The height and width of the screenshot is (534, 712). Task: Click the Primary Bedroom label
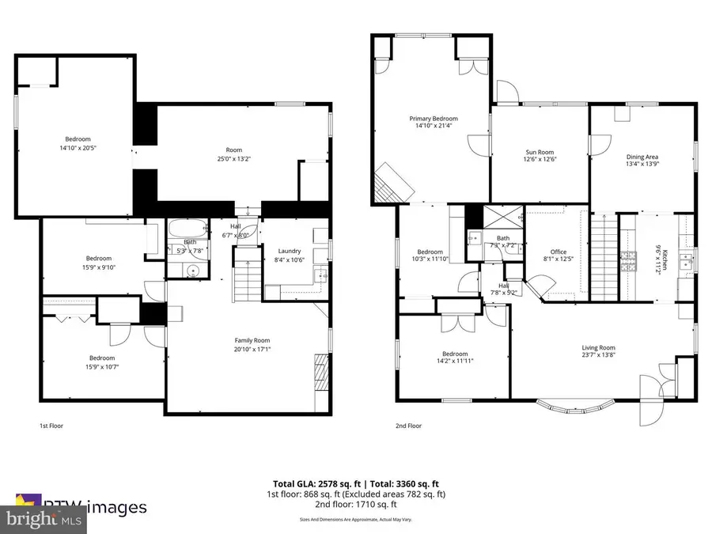tap(433, 119)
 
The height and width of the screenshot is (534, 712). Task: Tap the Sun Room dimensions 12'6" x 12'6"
tap(540, 159)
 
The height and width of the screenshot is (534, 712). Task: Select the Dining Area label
tap(642, 157)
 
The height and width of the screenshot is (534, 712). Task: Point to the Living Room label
tap(599, 347)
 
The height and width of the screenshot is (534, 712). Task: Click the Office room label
tap(559, 252)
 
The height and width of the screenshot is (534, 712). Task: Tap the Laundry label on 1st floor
tap(290, 251)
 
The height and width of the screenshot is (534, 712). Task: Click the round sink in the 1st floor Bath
tap(193, 270)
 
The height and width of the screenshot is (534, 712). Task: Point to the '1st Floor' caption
tap(51, 426)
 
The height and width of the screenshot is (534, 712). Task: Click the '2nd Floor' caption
tap(408, 426)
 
